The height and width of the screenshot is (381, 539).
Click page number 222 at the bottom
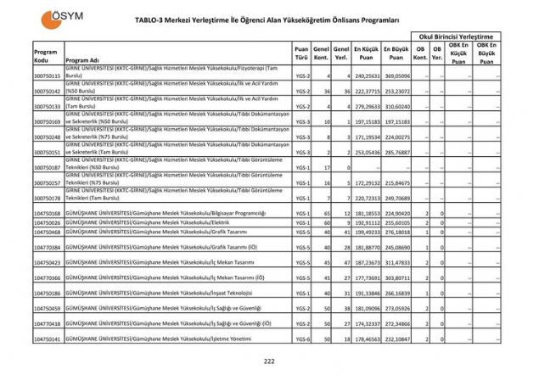[269, 361]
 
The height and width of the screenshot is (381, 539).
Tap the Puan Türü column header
[301, 54]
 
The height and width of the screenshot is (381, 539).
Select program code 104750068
[47, 213]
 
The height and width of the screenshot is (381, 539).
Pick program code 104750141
[47, 339]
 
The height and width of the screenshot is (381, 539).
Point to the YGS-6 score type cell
[302, 339]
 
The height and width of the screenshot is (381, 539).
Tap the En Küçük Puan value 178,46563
[366, 339]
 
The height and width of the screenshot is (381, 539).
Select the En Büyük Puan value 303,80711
[396, 277]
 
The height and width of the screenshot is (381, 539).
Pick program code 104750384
[47, 247]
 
